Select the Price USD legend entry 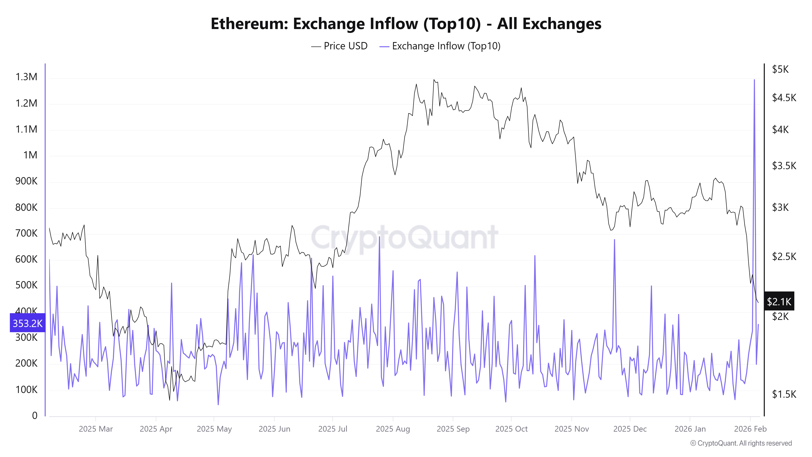coord(339,46)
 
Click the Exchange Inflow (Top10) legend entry coord(440,46)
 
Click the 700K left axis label coord(26,233)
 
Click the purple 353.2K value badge coord(27,323)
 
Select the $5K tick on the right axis coord(780,69)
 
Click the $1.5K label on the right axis coord(784,394)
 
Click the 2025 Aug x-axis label coord(393,429)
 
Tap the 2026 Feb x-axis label coord(750,429)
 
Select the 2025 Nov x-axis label coord(571,429)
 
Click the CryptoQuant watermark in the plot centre coord(404,237)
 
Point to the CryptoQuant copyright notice coord(741,443)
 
